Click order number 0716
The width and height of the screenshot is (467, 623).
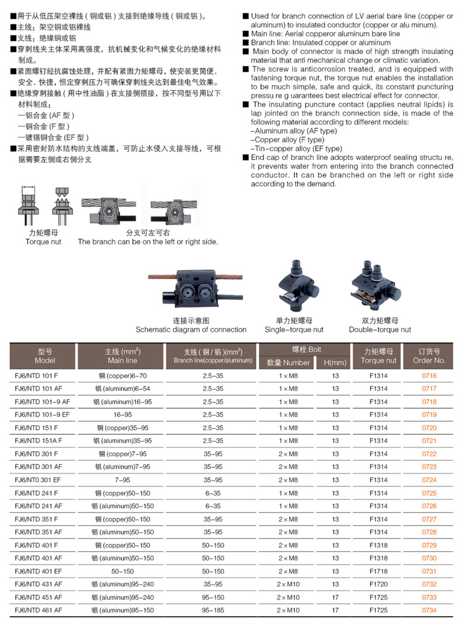429,376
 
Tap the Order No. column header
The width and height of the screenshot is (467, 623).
429,356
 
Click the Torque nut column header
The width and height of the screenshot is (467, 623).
378,356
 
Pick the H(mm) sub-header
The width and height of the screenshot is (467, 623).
335,363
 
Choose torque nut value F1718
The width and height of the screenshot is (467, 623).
378,571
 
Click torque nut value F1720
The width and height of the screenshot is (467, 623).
378,584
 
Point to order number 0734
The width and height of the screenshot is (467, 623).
429,610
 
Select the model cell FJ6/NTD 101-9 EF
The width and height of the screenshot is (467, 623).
42,415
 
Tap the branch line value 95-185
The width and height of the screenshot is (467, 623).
213,610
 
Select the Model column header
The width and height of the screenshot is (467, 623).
45,356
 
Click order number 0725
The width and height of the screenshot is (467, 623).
429,493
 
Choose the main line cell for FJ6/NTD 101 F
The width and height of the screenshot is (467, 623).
123,376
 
